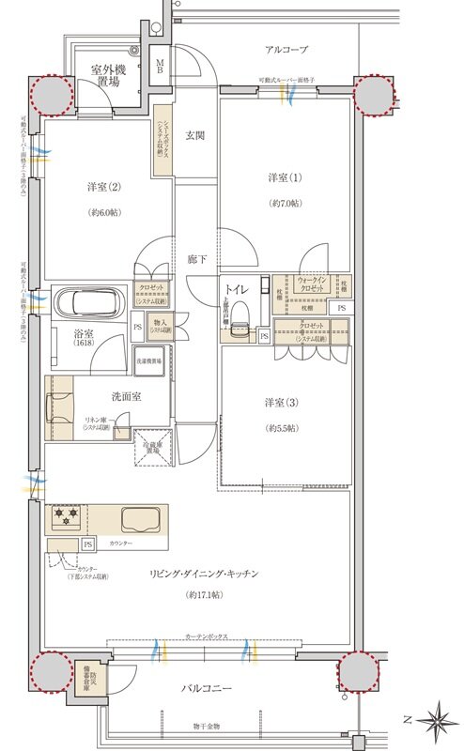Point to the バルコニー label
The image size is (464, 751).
coord(209,688)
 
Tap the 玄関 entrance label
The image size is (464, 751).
coord(195,134)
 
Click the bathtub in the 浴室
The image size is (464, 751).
coord(86,303)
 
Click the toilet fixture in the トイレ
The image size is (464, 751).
coord(239,311)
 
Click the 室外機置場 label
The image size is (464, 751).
coord(110,76)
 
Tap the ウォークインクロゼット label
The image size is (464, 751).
coord(312,285)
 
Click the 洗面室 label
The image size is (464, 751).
coord(124,397)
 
